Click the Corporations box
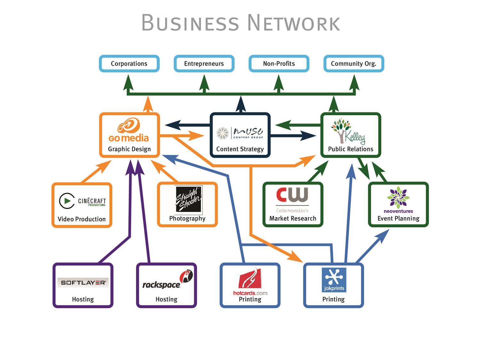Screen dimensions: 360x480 coord(129,64)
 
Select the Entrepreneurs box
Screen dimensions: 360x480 coord(204,64)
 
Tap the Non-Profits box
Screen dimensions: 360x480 coord(279,64)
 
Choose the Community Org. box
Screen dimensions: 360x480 coord(354,64)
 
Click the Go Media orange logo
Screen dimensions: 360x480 coord(129,131)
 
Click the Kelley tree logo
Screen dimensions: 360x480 coord(348,131)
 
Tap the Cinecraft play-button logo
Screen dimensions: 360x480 coord(67,201)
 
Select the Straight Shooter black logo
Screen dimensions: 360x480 coord(189,199)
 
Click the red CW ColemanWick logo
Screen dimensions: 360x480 coord(292,198)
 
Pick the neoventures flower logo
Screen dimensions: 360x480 coord(398,199)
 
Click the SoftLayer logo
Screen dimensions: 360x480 coord(83,283)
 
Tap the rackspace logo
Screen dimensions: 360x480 coord(167,281)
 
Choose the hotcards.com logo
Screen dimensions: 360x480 coord(250,282)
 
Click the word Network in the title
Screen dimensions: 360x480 coord(293,23)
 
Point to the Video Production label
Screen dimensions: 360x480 coord(82,219)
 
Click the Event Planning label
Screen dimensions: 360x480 coord(398,219)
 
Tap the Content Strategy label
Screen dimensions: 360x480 coord(240,149)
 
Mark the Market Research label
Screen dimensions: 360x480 coord(292,219)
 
